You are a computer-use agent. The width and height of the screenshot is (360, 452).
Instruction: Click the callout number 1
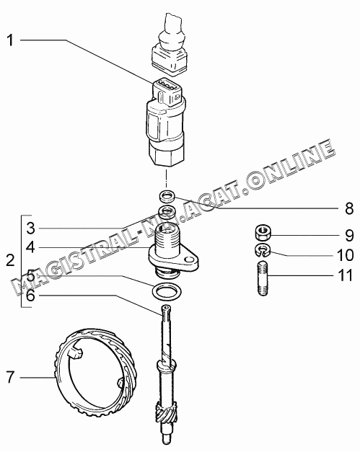click(x=10, y=40)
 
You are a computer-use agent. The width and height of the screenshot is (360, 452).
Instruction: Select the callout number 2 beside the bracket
click(x=10, y=260)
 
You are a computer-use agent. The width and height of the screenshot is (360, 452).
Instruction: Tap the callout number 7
click(x=10, y=377)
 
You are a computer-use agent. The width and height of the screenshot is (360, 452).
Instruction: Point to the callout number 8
click(x=349, y=208)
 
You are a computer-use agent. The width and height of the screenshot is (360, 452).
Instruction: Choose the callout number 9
click(x=349, y=236)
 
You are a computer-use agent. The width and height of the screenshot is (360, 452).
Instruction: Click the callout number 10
click(x=345, y=255)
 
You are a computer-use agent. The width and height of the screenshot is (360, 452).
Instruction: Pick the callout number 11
click(x=346, y=275)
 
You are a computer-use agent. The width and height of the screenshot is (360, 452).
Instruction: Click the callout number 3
click(x=30, y=229)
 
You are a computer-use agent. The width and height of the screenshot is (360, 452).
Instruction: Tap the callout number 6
click(x=30, y=296)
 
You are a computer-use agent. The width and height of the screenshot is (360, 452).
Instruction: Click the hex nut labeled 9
click(x=263, y=232)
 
